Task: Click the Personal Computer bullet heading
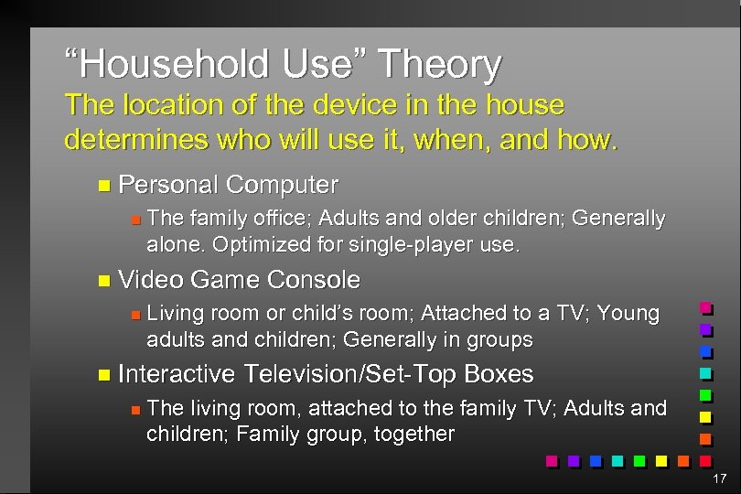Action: pos(228,185)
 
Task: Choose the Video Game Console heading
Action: pos(239,279)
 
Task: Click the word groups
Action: pos(499,339)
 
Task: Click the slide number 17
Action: pos(718,478)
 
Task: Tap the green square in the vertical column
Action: pos(705,396)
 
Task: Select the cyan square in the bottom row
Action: pos(617,461)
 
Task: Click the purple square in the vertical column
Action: pos(705,330)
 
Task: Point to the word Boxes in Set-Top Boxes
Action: pos(499,374)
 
